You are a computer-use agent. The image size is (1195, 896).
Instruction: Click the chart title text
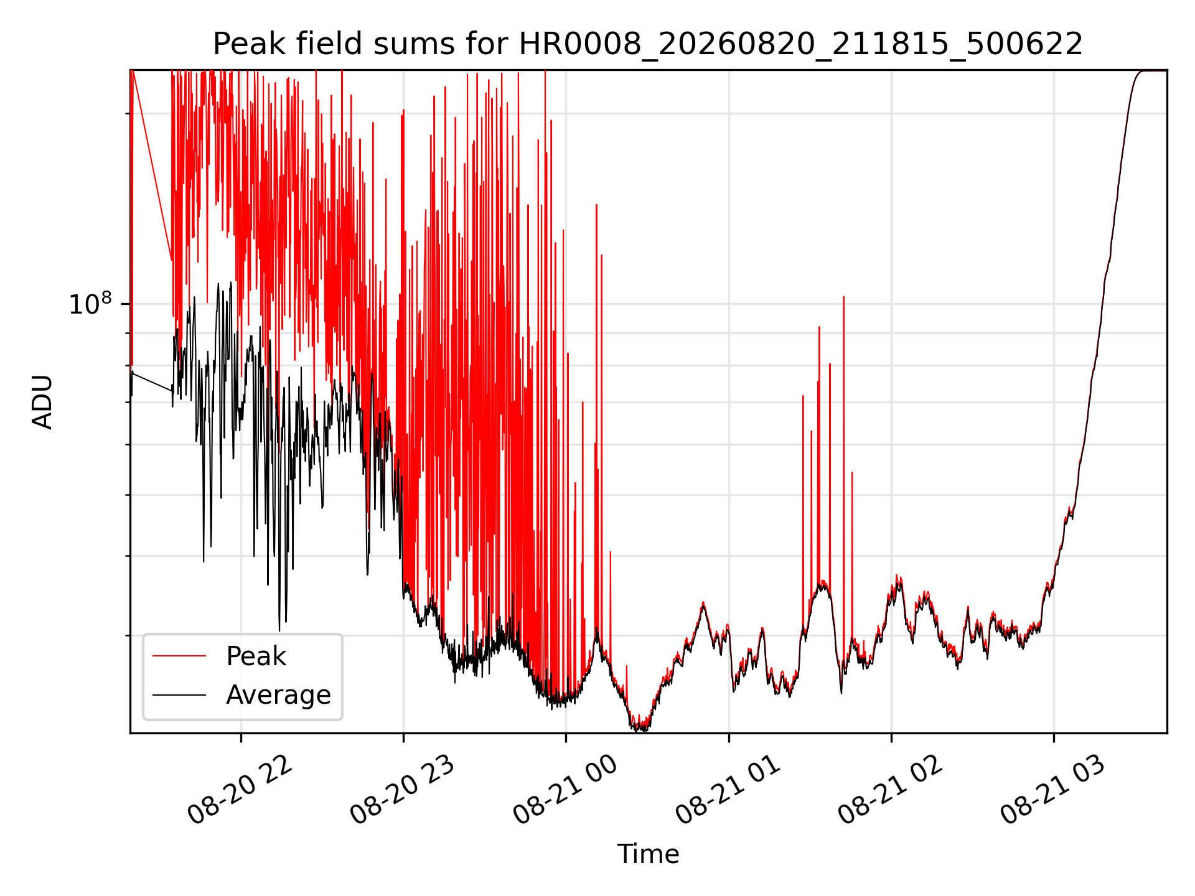[648, 44]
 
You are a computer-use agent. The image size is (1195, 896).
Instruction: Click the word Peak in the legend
[256, 656]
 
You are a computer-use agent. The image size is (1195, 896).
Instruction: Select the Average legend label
[278, 695]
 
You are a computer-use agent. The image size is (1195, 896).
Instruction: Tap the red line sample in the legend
[179, 656]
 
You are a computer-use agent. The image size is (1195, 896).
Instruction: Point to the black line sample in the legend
[179, 694]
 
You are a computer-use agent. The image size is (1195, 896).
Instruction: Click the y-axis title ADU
[42, 402]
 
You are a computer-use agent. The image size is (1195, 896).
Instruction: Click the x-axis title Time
[648, 854]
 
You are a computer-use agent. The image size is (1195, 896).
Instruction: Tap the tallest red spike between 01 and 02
[843, 297]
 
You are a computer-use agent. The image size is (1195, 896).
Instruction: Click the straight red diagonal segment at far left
[152, 165]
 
